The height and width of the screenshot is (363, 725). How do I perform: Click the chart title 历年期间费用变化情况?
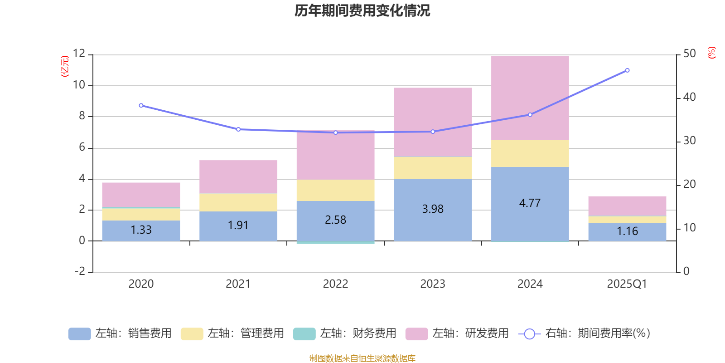362,10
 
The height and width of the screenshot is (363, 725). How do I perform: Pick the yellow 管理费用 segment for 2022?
335,190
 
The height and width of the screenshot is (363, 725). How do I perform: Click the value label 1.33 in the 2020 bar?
141,230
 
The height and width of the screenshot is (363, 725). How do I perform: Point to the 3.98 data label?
433,209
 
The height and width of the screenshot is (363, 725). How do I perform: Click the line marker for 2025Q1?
627,70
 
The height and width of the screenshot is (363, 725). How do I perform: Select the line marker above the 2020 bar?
141,105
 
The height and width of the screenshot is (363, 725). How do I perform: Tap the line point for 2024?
530,115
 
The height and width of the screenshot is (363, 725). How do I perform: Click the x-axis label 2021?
238,284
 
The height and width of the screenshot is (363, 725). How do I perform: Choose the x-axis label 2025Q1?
627,284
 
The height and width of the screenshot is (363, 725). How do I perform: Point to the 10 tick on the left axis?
79,85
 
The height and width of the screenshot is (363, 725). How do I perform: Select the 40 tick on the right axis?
689,97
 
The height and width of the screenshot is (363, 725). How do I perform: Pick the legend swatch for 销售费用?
79,334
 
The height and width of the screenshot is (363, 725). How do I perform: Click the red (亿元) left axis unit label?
65,66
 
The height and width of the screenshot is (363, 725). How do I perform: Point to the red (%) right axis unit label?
711,53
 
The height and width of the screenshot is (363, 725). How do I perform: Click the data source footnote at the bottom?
362,358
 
